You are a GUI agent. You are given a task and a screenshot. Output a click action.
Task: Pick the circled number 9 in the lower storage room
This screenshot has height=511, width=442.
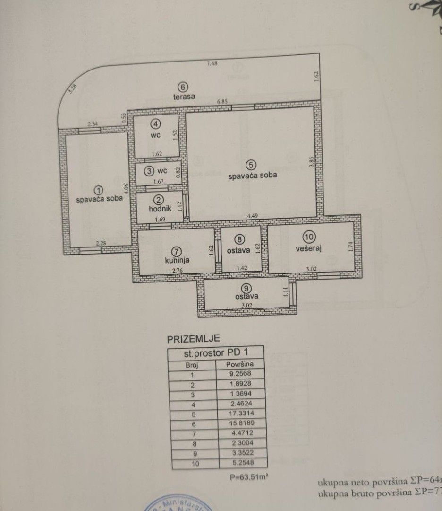coord(245,287)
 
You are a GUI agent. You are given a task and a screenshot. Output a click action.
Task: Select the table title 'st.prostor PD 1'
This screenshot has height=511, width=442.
coord(215,353)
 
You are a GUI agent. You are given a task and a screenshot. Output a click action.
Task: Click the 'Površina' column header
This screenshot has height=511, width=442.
coord(240,364)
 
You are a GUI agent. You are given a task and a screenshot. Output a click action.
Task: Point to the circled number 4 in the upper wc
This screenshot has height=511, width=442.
coord(155,124)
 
